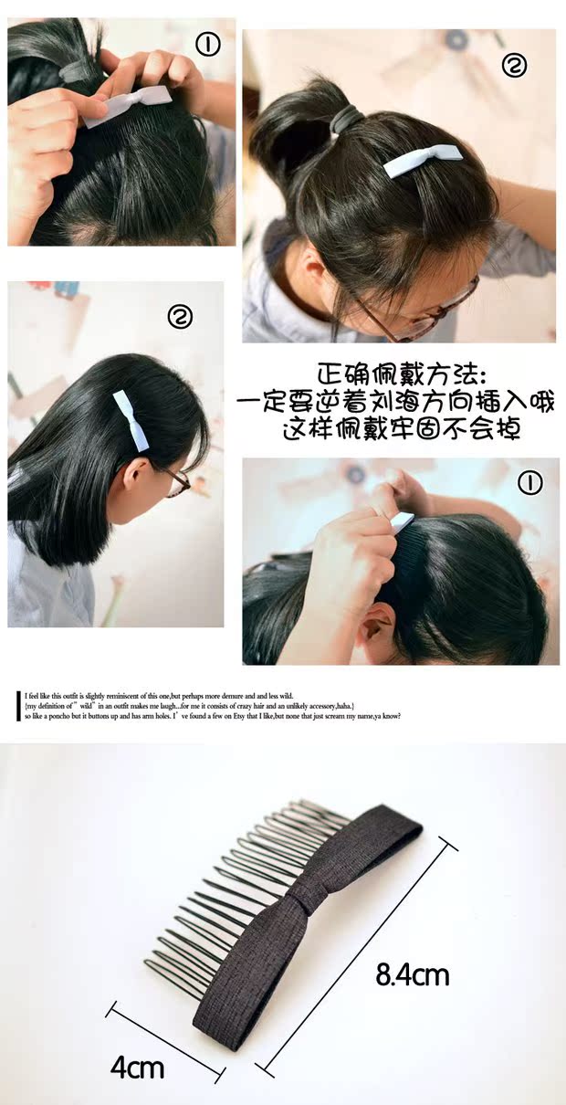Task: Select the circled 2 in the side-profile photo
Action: point(180,317)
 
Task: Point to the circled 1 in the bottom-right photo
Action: point(530,483)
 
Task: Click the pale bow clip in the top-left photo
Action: point(127,105)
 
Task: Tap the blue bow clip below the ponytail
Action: point(422,160)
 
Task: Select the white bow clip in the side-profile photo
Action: point(131,421)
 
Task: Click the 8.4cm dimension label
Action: point(413,975)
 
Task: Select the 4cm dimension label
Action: point(137,1068)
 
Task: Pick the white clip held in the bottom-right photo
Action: point(402,522)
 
